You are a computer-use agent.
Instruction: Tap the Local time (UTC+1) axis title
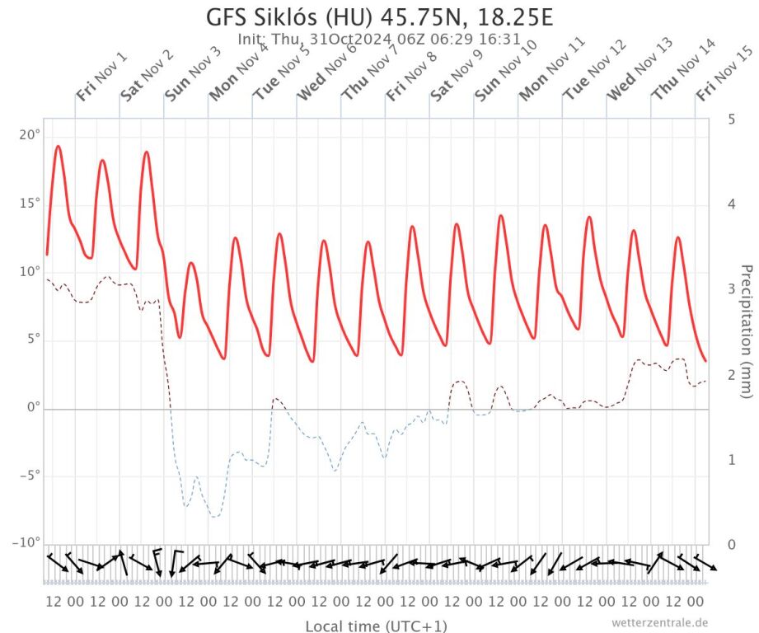376,626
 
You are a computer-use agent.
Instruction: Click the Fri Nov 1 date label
101,76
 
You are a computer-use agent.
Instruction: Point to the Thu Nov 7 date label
369,75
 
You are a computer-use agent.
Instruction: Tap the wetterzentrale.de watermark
660,623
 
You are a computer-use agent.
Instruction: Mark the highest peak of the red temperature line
58,147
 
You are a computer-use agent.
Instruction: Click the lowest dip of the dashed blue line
215,517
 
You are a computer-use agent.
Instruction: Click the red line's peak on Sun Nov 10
500,216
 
